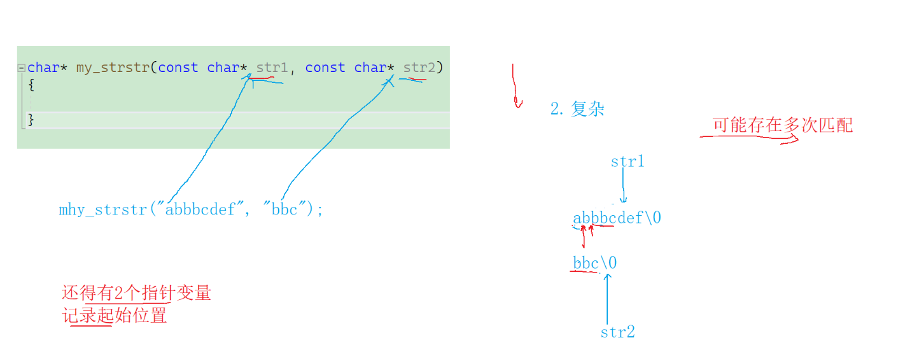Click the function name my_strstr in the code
[112, 67]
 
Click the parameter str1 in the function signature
[272, 67]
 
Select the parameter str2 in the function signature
[419, 67]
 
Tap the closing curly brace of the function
[31, 119]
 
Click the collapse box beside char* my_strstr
[22, 67]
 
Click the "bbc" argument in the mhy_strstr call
[284, 209]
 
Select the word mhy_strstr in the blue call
[102, 210]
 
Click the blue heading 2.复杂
[577, 109]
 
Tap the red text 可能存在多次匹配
[782, 125]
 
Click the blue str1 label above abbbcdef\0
[627, 162]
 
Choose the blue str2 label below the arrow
[617, 332]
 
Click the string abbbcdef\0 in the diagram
[617, 218]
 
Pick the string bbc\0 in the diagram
[594, 263]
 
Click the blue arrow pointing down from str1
[624, 187]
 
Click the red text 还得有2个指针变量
[136, 294]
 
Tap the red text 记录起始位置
[115, 315]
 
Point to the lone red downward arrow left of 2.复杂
[515, 86]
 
